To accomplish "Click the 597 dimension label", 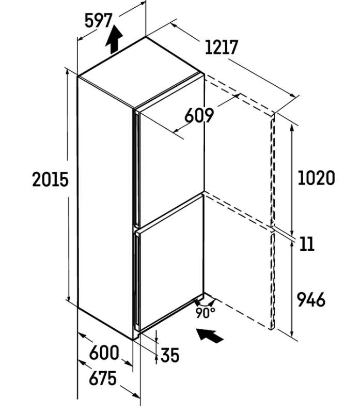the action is click(99, 21).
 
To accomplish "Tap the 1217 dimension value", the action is click(222, 48).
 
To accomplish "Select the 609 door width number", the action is click(199, 115).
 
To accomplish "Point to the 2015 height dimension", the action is click(50, 179).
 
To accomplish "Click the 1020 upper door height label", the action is click(316, 178).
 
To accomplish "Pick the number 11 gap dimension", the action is click(307, 244).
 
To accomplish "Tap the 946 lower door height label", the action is click(311, 299).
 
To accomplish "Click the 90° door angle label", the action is click(205, 313).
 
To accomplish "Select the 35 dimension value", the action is click(170, 356).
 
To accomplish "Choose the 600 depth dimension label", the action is click(104, 353).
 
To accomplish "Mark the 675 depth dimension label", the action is click(103, 378).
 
